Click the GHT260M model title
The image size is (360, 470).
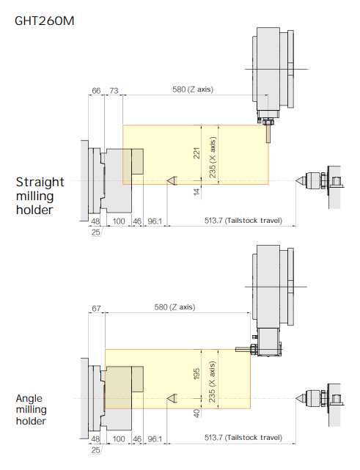pos(45,21)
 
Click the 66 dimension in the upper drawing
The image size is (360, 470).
pos(96,90)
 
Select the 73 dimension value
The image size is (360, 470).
pos(114,90)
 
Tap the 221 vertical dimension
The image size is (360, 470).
pos(196,153)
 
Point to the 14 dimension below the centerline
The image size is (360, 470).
pos(196,192)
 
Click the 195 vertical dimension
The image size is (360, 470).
pos(196,374)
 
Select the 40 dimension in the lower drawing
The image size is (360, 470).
pos(196,414)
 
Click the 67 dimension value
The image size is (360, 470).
pos(96,308)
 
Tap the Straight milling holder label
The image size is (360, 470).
pos(40,196)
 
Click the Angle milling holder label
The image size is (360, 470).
pos(32,409)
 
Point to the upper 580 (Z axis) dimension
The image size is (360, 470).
pos(193,89)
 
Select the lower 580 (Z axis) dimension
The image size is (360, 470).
pos(175,307)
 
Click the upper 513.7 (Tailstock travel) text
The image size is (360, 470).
pos(243,221)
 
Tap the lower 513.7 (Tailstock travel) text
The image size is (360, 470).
pos(243,438)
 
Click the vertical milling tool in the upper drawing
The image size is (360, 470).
pos(268,133)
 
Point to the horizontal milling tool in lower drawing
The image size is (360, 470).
pos(243,349)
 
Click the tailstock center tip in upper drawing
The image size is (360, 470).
pos(295,181)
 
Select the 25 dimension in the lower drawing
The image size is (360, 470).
pos(95,450)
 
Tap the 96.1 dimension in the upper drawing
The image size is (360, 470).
pos(155,221)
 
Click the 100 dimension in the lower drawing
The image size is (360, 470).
pos(119,439)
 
